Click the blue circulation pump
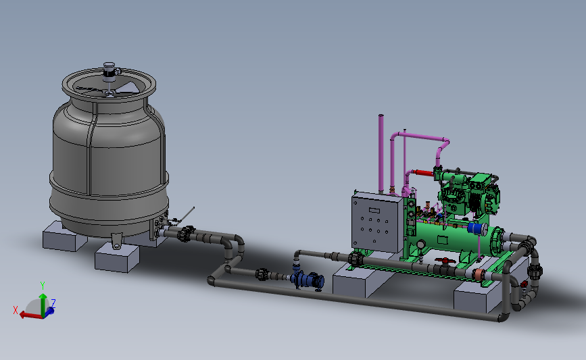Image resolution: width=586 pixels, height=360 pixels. coord(308,280)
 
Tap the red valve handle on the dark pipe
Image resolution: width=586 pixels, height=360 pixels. coord(445,260)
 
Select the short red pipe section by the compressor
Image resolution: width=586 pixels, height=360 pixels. coord(423,173)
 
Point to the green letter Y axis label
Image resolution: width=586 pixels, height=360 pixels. coord(42,286)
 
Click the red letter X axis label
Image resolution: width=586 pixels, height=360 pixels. coord(16,310)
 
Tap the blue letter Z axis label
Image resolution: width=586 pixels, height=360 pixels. coord(53,303)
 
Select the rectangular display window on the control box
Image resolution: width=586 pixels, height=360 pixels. coord(374,210)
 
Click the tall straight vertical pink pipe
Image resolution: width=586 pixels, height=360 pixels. coord(381,154)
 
